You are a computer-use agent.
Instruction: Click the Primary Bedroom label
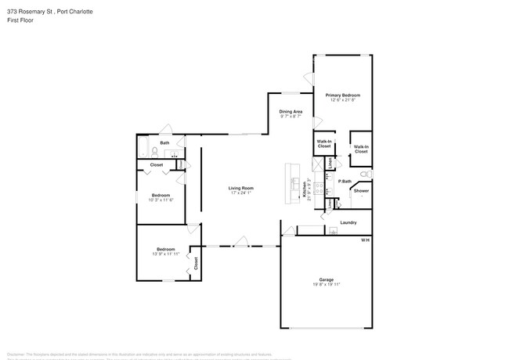345,95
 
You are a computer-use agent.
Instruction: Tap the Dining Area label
291,112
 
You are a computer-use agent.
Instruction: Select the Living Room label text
240,188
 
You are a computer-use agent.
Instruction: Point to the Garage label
326,279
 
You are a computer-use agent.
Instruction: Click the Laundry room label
348,222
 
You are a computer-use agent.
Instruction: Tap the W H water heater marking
365,240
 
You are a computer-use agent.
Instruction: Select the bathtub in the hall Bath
143,147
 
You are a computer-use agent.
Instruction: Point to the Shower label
361,191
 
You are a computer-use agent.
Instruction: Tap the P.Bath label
344,182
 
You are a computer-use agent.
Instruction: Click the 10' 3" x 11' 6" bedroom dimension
161,200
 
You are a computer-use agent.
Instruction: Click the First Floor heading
21,20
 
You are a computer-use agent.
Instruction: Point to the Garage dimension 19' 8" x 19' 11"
326,284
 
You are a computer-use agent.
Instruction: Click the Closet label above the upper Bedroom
157,165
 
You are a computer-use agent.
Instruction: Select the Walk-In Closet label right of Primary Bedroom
361,149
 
